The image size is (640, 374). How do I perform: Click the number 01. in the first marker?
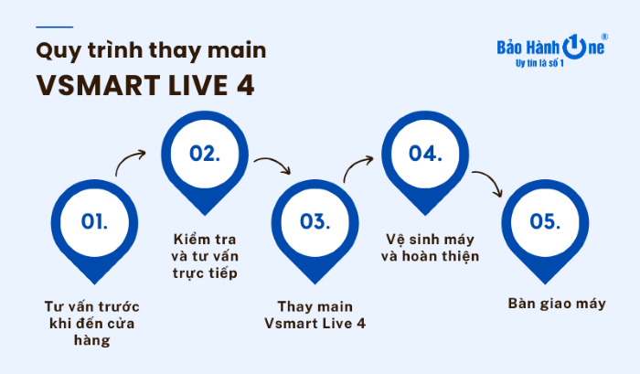coord(93,221)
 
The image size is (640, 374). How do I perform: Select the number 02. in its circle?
coord(204,154)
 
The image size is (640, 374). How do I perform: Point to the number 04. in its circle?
coord(424,154)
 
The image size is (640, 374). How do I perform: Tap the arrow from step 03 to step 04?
coord(357,169)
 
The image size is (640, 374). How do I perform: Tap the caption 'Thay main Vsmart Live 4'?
coord(314,315)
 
